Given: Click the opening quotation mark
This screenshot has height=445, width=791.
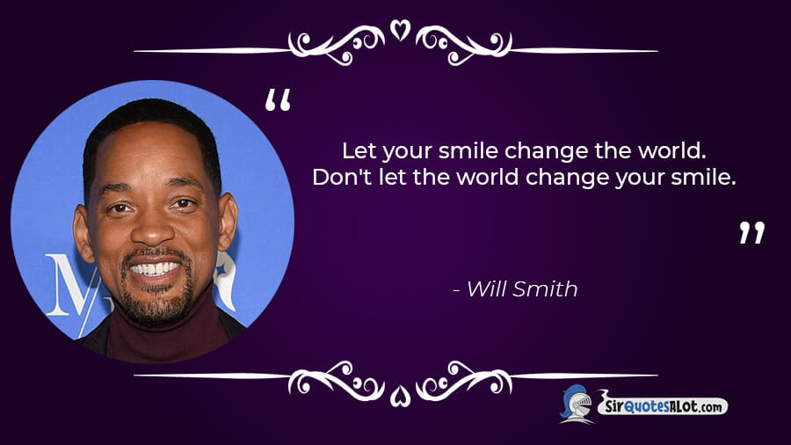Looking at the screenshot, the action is (x=278, y=100).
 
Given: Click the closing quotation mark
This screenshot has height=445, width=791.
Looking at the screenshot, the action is (x=752, y=232).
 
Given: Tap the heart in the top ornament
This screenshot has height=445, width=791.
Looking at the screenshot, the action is (x=401, y=30).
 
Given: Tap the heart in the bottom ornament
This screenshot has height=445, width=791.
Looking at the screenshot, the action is (x=401, y=396).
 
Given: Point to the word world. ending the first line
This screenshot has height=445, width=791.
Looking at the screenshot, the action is (x=672, y=150).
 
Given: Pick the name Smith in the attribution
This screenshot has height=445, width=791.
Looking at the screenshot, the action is (x=545, y=289).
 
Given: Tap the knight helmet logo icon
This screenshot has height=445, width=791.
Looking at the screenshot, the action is (x=577, y=404).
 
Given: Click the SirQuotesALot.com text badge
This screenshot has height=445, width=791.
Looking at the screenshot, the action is (x=663, y=405).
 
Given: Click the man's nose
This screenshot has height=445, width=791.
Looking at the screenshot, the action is (x=152, y=230).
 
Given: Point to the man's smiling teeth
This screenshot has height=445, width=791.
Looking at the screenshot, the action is (x=156, y=269).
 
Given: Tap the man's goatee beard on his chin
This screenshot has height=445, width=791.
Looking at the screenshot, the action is (x=157, y=303).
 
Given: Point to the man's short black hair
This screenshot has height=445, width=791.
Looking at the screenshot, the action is (x=151, y=121).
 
